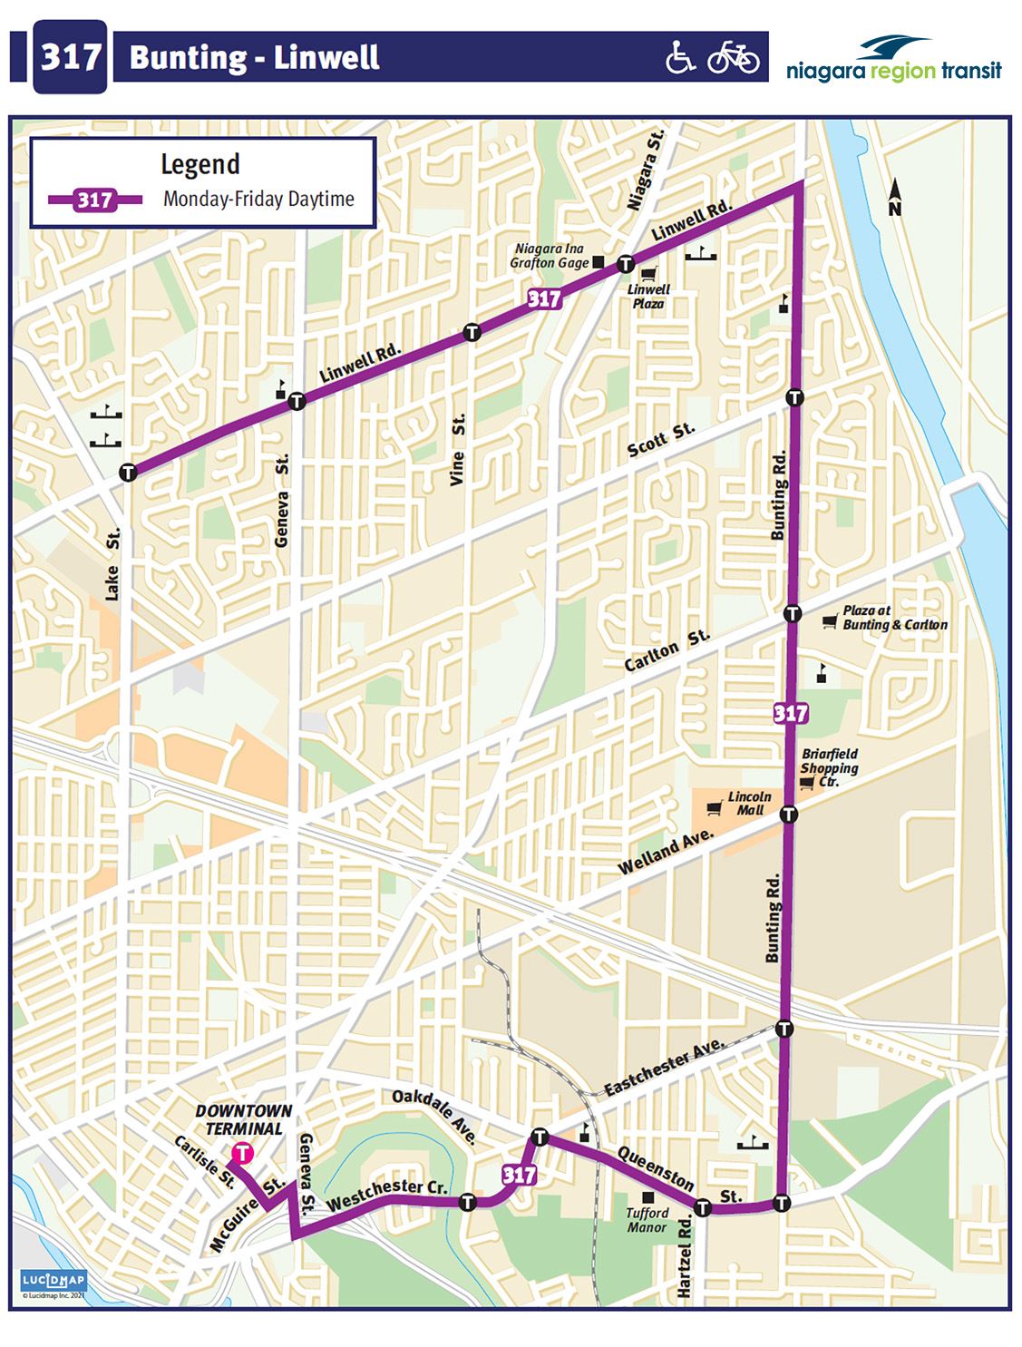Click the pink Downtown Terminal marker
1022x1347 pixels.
point(242,1153)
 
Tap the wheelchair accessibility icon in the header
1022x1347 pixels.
point(680,57)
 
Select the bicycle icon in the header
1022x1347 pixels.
point(733,57)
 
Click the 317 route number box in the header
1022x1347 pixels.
point(70,57)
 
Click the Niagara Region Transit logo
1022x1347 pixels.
point(893,60)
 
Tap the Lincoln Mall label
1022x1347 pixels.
point(749,803)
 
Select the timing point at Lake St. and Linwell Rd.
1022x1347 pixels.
point(128,472)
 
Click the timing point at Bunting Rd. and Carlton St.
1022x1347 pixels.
point(792,613)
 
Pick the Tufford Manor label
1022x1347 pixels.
point(647,1220)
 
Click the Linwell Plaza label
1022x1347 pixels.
point(648,297)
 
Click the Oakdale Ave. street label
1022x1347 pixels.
point(434,1116)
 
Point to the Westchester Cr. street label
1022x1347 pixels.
point(387,1195)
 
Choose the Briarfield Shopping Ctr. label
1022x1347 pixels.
point(829,767)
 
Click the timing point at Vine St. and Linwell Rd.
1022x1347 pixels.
point(471,332)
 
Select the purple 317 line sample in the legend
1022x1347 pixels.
point(95,200)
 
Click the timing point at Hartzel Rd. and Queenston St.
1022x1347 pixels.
point(702,1206)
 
